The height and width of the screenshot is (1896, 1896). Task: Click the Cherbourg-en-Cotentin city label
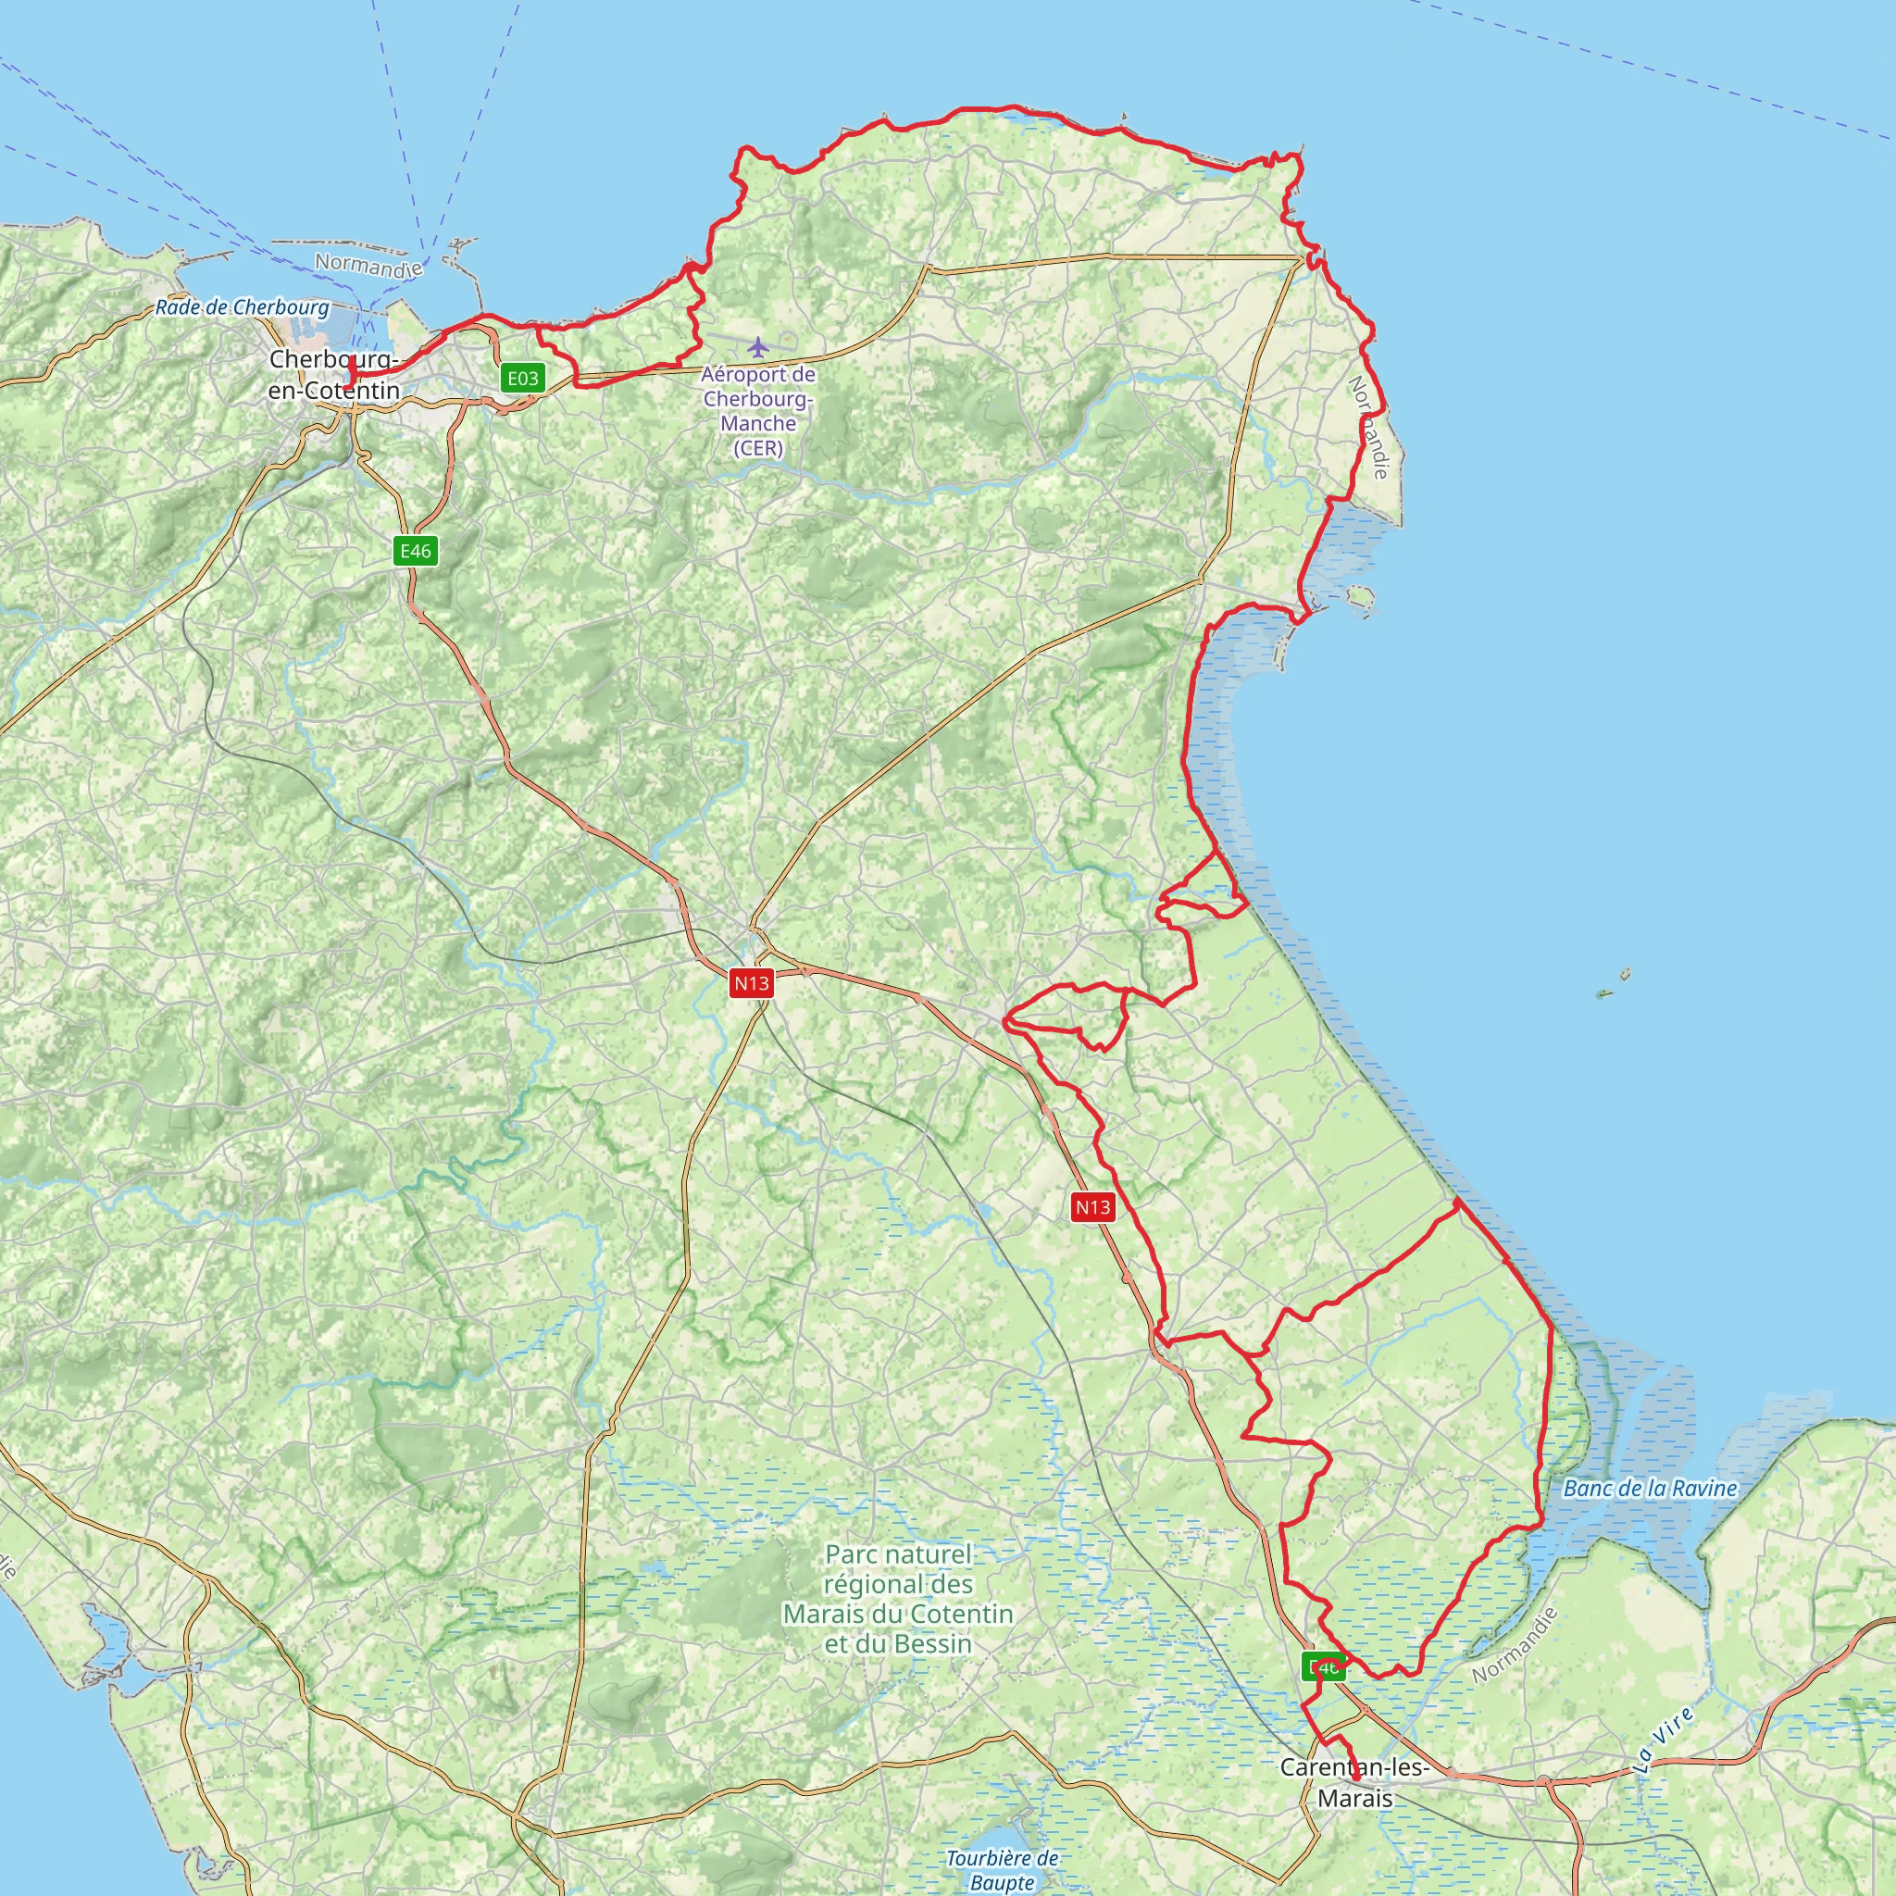[x=333, y=375]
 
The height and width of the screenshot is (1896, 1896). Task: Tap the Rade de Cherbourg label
[x=243, y=307]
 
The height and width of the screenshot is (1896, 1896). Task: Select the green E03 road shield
[x=522, y=378]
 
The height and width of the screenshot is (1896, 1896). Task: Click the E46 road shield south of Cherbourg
[x=415, y=551]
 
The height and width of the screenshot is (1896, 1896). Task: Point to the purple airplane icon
[x=757, y=347]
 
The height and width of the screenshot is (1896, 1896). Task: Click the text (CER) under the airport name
[x=757, y=448]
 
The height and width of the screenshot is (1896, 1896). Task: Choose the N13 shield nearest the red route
[x=1092, y=1207]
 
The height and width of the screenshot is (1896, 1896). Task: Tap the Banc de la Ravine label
[x=1650, y=1489]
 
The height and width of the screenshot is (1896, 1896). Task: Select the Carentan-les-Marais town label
[x=1354, y=1782]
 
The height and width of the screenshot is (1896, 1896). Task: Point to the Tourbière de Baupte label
[x=1002, y=1869]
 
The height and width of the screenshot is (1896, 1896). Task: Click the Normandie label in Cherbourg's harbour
[x=368, y=265]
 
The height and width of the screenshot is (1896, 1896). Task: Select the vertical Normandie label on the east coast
[x=1369, y=427]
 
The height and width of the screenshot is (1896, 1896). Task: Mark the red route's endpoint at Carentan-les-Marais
[x=1356, y=1777]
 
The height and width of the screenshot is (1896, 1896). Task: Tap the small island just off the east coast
[x=1359, y=594]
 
